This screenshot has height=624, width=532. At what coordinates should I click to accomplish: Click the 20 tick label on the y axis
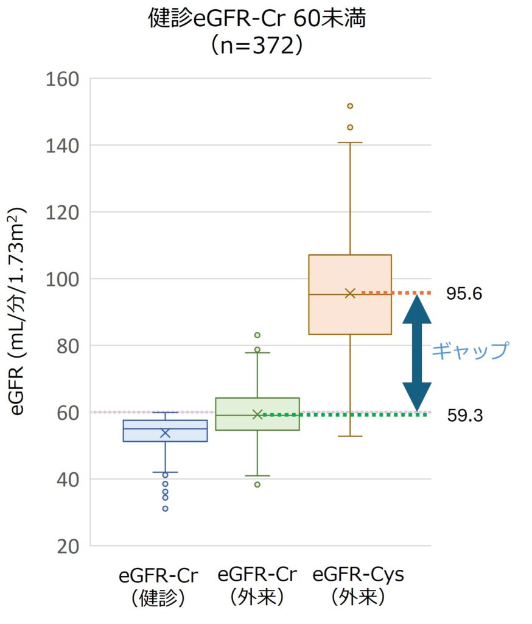pyautogui.click(x=67, y=546)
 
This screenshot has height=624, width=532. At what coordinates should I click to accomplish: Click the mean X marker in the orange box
pyautogui.click(x=350, y=293)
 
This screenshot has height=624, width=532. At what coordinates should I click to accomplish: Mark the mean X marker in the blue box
pyautogui.click(x=165, y=433)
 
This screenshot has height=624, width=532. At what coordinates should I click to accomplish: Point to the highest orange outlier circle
pyautogui.click(x=350, y=106)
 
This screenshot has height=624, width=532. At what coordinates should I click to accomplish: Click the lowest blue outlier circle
pyautogui.click(x=165, y=508)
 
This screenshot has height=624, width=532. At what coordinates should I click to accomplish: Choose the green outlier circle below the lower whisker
pyautogui.click(x=257, y=484)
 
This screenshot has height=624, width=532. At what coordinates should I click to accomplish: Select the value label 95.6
pyautogui.click(x=464, y=294)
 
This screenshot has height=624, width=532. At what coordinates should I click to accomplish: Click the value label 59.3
pyautogui.click(x=464, y=416)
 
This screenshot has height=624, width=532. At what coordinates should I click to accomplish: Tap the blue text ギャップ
pyautogui.click(x=469, y=351)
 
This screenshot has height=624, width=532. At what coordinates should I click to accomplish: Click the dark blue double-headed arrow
pyautogui.click(x=417, y=353)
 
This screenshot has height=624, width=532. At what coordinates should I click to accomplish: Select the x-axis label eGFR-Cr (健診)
pyautogui.click(x=158, y=586)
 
